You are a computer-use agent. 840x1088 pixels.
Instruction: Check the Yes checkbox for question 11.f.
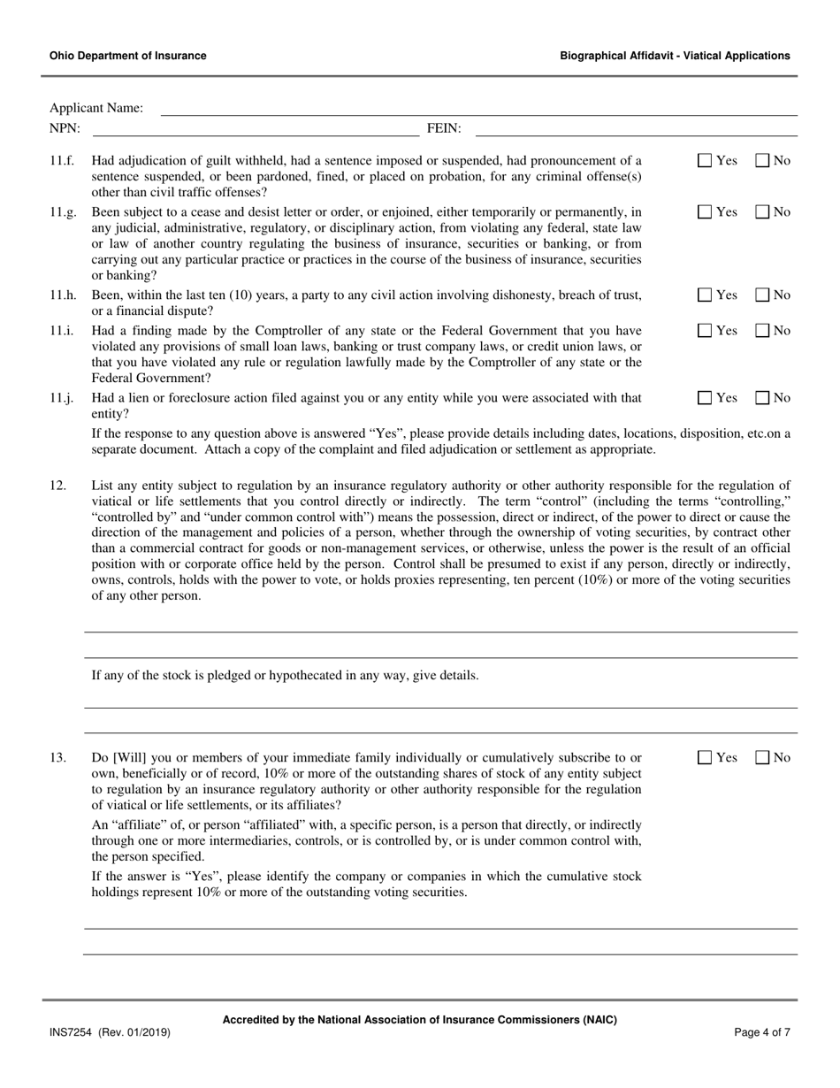point(705,161)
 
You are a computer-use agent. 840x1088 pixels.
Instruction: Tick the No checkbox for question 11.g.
point(762,212)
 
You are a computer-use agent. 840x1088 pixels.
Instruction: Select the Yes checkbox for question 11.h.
point(705,295)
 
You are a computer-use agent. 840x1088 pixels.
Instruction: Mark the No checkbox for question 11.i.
point(762,331)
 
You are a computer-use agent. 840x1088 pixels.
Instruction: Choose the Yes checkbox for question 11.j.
point(705,398)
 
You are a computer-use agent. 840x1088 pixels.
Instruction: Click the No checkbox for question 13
point(762,757)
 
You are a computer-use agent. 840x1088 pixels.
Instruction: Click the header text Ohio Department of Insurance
point(128,56)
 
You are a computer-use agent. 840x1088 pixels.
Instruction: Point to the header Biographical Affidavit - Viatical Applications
point(675,56)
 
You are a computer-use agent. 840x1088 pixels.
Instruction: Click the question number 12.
point(57,486)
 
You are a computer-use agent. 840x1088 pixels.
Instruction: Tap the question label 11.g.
point(62,212)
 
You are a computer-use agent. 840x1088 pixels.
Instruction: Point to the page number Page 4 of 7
point(762,1032)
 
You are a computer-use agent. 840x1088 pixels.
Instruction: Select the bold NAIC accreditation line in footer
point(419,1019)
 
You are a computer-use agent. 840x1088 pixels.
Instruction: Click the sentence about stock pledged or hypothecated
point(286,676)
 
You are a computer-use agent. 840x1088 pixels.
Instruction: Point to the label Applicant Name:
point(95,109)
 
